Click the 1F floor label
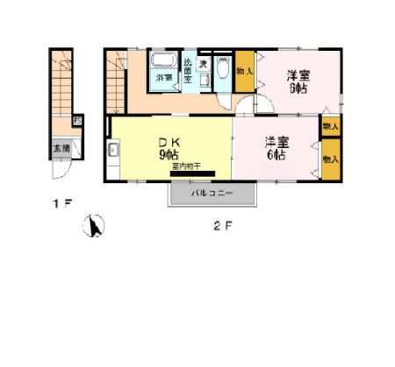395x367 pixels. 61,205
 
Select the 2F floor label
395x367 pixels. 223,226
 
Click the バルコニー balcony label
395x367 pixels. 212,192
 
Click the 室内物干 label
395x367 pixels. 186,166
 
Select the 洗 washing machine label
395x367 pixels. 202,65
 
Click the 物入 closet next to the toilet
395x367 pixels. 245,73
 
